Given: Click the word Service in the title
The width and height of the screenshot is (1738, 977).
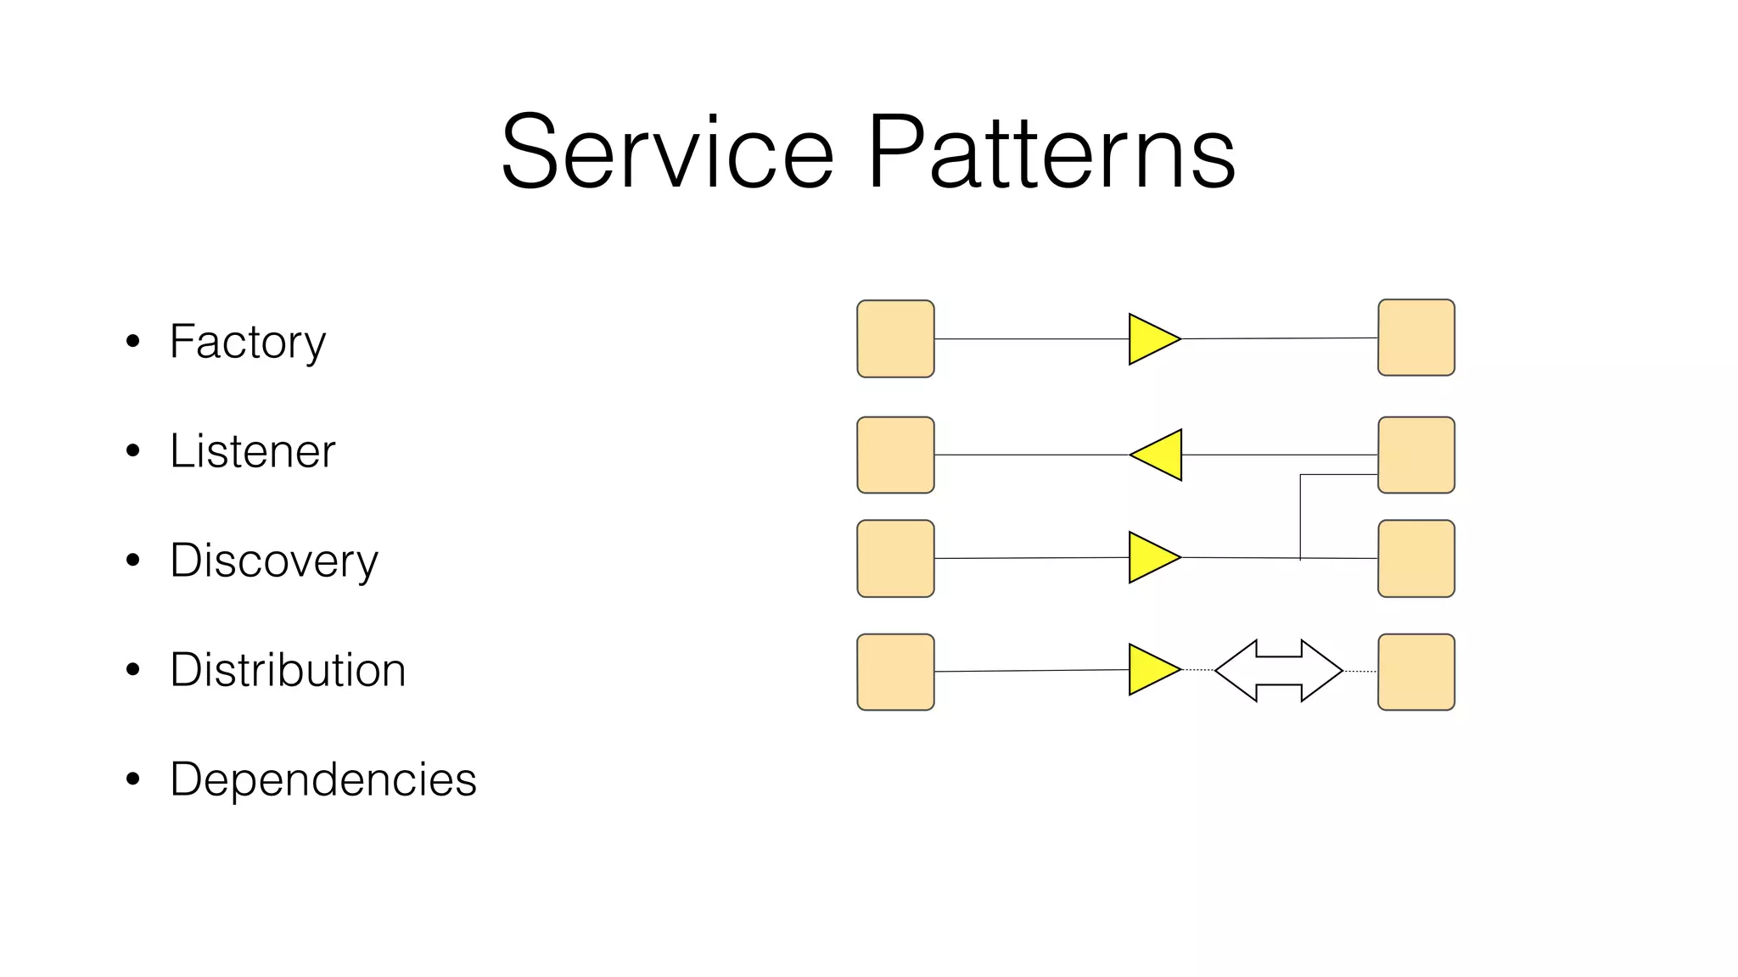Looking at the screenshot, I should click(667, 153).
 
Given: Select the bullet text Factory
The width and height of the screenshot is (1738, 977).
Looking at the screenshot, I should click(247, 342).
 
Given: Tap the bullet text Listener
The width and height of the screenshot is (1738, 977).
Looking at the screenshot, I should click(252, 451).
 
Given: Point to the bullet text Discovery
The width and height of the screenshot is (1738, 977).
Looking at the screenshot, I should click(273, 561).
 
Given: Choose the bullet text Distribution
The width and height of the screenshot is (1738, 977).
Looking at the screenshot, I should click(288, 670).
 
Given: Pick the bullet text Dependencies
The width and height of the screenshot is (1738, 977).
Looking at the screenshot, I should click(322, 779).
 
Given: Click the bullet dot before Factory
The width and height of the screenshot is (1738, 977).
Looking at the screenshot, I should click(132, 342).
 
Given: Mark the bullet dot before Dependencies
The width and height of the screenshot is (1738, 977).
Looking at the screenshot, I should click(132, 779).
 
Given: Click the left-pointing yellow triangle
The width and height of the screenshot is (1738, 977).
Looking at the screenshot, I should click(1159, 455).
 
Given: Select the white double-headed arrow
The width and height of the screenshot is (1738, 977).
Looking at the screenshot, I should click(1278, 671).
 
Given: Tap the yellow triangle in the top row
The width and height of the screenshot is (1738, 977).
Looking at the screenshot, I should click(1151, 339).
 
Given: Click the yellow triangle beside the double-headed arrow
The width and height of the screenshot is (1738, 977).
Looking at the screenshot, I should click(1151, 670).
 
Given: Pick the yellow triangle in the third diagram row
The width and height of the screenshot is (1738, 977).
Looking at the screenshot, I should click(1151, 558).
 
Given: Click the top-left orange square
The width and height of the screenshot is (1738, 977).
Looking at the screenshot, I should click(895, 338).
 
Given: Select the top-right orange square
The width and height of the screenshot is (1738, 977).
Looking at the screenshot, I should click(1416, 338).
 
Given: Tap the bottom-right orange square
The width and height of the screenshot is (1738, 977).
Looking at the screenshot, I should click(1416, 672).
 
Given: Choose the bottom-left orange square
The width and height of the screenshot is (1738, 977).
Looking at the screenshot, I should click(895, 672).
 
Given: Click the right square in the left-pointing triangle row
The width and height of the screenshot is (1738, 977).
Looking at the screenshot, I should click(1416, 455).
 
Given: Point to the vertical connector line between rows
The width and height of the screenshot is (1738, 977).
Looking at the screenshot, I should click(1300, 517).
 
